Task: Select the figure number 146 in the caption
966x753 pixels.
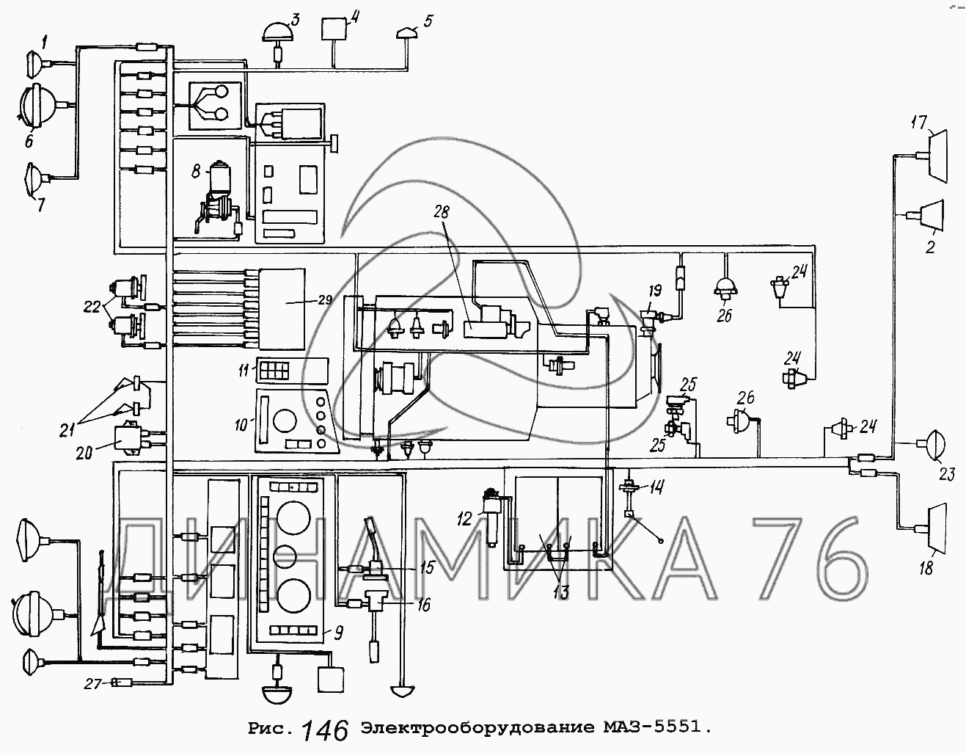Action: coord(323,730)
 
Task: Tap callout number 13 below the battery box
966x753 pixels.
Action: coord(560,592)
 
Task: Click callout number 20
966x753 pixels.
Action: coord(84,452)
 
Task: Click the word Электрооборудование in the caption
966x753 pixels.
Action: coord(477,729)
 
